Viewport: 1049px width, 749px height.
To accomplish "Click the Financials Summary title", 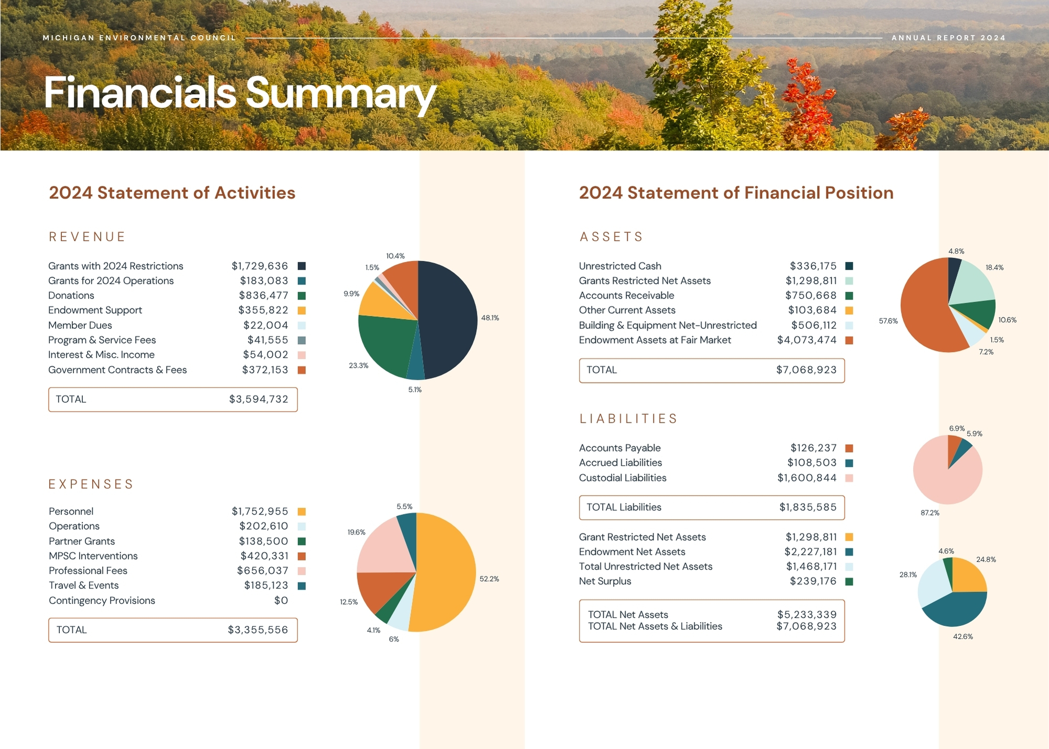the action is coord(240,93).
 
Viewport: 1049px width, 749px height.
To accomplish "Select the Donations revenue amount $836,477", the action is coord(264,296).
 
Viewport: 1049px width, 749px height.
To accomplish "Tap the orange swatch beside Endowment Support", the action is coord(302,311).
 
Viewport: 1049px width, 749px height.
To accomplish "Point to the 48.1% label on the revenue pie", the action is coord(490,318).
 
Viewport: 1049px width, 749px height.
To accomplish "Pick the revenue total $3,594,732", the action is coord(259,399).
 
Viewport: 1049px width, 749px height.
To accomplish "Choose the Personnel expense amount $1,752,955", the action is coord(260,511).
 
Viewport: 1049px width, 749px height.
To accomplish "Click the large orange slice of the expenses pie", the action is coord(446,572).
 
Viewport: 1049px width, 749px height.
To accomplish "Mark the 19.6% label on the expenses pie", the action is coord(357,532).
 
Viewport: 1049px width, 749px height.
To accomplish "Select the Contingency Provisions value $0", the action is coord(281,601).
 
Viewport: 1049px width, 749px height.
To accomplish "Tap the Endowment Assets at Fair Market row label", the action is coord(655,340).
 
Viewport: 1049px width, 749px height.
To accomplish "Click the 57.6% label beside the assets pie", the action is coord(889,321).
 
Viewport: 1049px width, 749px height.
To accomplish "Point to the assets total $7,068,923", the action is coord(807,370).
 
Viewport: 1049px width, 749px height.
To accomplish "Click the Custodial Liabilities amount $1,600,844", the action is coord(807,478).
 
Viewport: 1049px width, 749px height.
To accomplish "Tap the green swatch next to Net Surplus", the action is coord(849,582).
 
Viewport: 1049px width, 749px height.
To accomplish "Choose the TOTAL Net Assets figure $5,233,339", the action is coord(807,615).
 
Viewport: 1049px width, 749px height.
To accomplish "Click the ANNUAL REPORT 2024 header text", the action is coord(949,38).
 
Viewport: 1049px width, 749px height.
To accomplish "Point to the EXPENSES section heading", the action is coord(91,484).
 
